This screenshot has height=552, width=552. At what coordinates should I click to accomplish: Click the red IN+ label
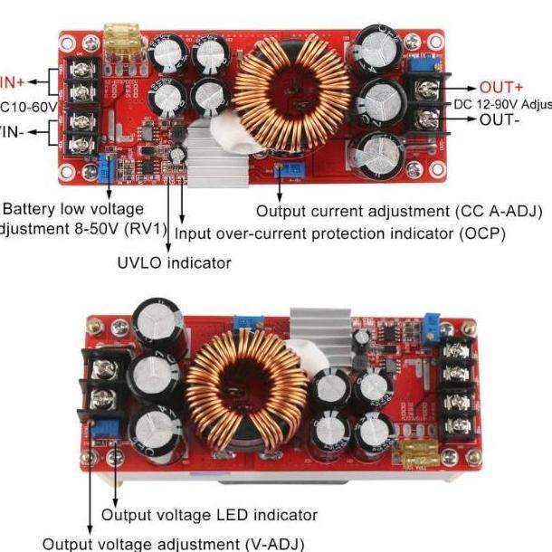point(11,80)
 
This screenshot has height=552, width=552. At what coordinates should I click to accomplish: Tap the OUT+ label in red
point(501,88)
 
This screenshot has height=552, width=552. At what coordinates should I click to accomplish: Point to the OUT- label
point(500,120)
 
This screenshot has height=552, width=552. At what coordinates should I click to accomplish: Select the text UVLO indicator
point(174,262)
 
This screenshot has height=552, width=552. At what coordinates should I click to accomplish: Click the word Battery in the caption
point(33,209)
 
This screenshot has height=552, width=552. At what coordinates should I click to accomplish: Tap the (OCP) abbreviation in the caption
point(483,233)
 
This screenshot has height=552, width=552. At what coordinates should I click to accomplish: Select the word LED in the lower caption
point(234,516)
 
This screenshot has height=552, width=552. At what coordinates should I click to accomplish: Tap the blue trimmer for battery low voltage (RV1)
point(107,166)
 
